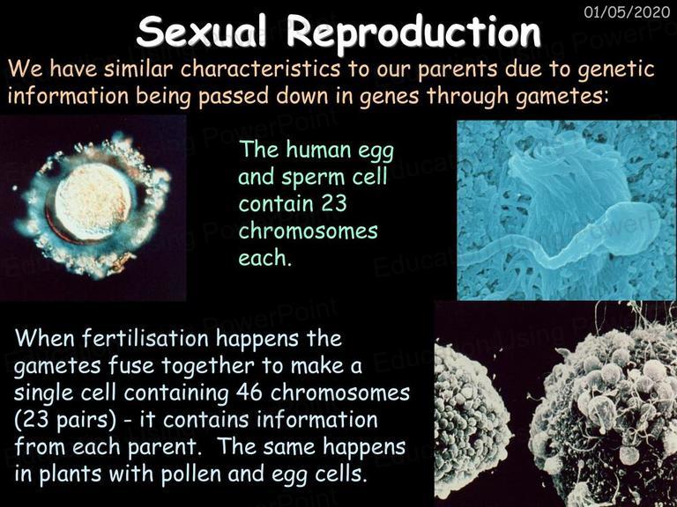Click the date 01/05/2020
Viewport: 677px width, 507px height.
[627, 11]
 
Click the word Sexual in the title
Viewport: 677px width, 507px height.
[202, 33]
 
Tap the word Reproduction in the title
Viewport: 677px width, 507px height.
[413, 33]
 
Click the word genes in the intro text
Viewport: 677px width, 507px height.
[389, 97]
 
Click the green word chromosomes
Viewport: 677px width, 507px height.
[308, 231]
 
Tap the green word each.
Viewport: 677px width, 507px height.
[262, 258]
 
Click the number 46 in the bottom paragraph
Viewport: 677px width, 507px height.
[249, 393]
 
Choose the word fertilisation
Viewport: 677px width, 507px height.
[145, 338]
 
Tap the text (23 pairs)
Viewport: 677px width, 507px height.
[65, 421]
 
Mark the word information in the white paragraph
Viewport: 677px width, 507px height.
[317, 420]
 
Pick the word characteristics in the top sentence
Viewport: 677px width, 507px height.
[260, 70]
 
